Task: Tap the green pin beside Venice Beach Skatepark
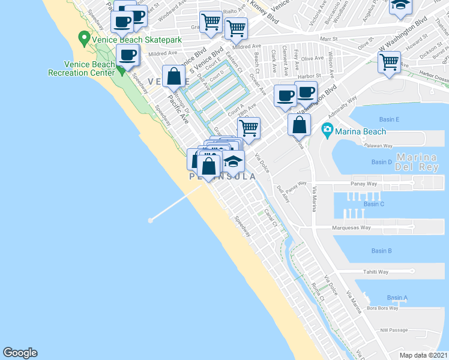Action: [83, 40]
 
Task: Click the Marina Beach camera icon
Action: [327, 129]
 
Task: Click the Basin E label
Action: [389, 120]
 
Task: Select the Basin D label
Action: [381, 162]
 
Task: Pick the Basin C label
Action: [373, 204]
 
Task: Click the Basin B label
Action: [381, 251]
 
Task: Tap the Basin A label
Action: [397, 298]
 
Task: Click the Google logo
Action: [20, 353]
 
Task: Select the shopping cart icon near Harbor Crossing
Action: [389, 61]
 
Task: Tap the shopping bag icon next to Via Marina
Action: [299, 125]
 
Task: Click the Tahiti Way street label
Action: [376, 272]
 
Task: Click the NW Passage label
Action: [394, 329]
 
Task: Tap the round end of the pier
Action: [150, 220]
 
